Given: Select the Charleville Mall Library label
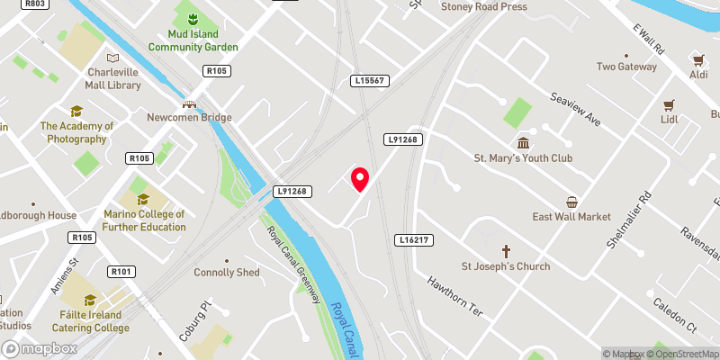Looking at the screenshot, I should coord(113,78).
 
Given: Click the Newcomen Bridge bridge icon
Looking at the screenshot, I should coord(190,104).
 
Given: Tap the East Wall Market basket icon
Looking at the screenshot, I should coord(571,201).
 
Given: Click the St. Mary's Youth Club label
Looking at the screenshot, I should coord(523,158).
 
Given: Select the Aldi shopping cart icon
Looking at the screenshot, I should coord(697,59).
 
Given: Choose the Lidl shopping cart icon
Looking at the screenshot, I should coord(669,104).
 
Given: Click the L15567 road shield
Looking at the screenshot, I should coord(370,81).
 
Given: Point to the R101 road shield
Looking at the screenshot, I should coord(121,272).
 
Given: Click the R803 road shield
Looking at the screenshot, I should coord(35,4).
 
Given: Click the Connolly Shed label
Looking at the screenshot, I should coord(227,273).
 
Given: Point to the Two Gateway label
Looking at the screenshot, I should coord(627,67).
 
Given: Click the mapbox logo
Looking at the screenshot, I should coord(40,348).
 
